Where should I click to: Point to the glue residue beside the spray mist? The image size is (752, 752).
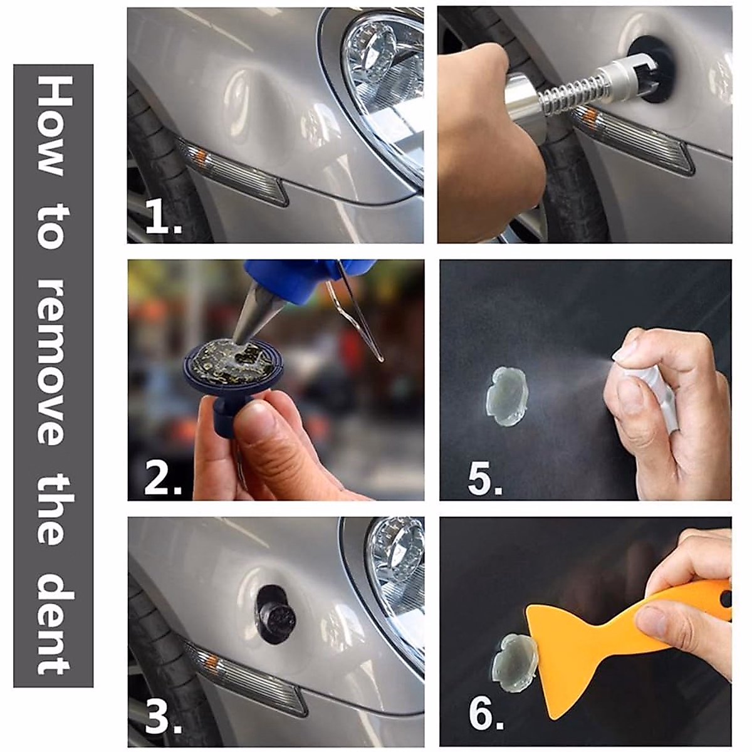point(506,397)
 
